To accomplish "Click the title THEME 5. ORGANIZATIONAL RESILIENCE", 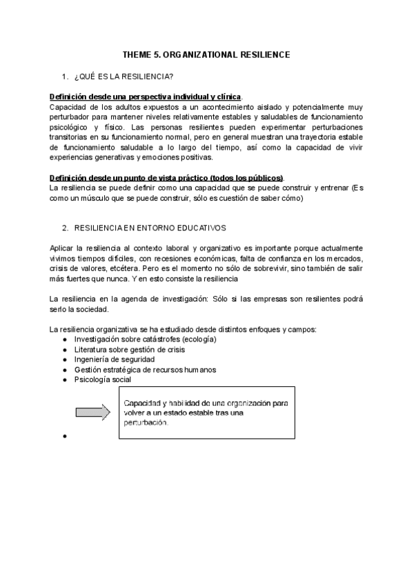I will click(206, 54).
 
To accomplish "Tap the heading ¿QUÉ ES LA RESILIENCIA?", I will click(124, 75).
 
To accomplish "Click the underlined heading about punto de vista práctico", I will click(166, 178).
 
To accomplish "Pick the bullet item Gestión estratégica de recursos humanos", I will click(145, 369).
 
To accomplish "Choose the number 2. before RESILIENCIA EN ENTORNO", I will click(65, 227).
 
